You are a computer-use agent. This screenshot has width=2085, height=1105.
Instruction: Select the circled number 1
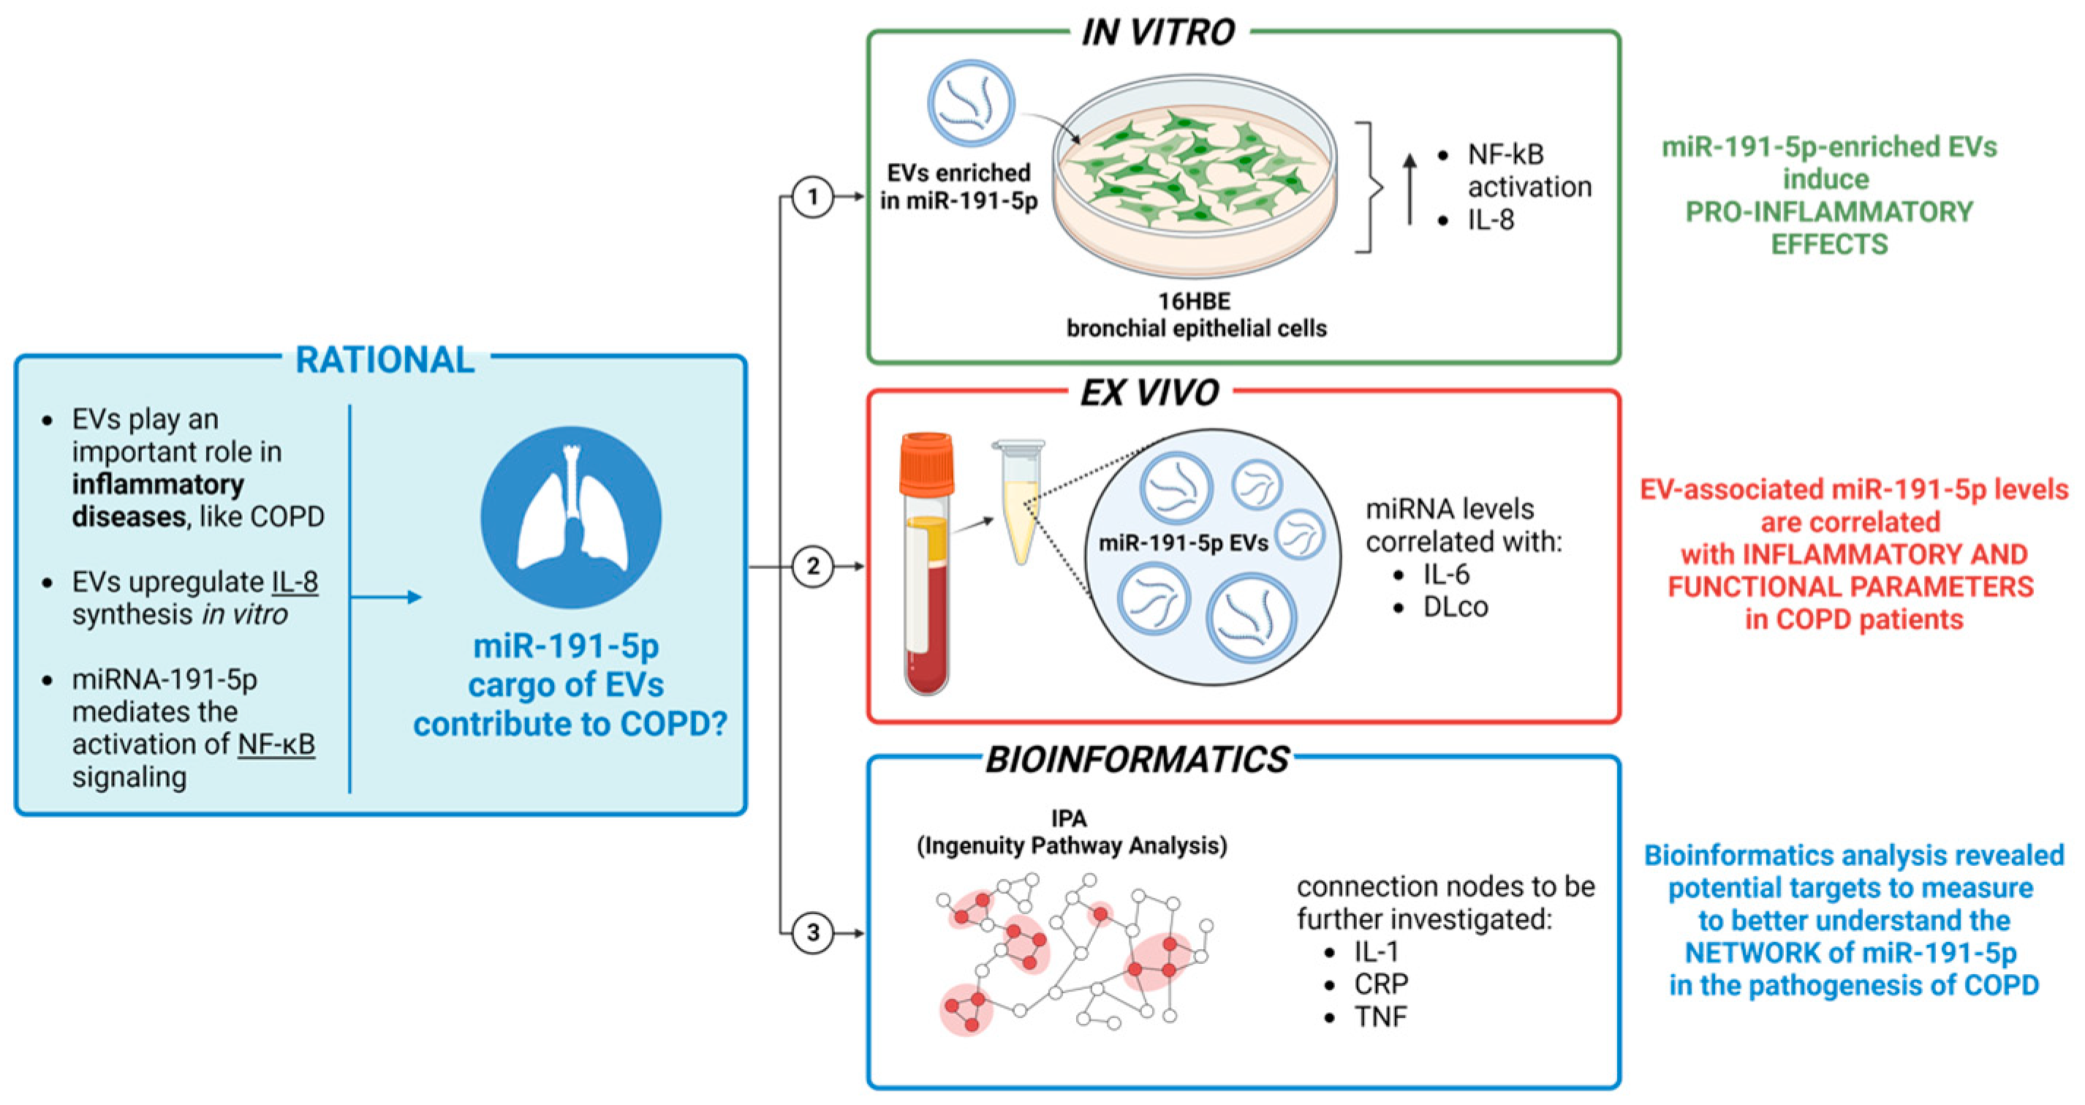(x=811, y=197)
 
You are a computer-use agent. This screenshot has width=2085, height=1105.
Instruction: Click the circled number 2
(x=811, y=566)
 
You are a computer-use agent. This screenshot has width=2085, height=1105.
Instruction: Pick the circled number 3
(x=811, y=932)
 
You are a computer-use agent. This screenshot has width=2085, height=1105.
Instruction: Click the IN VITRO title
(x=1158, y=32)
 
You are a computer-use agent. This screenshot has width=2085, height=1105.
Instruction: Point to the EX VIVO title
(x=1149, y=393)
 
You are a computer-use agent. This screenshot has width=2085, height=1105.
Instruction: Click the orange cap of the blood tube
(x=927, y=463)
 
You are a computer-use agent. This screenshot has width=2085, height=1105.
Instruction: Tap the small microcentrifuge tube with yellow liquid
(x=1020, y=502)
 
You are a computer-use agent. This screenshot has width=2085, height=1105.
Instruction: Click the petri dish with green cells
(x=1195, y=178)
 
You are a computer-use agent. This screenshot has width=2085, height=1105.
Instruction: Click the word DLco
(x=1456, y=607)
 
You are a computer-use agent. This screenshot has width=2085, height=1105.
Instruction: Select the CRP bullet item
(x=1381, y=984)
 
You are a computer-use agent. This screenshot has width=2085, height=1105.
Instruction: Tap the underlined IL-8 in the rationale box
(x=295, y=581)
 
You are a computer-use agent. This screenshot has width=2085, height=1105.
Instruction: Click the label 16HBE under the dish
(x=1194, y=301)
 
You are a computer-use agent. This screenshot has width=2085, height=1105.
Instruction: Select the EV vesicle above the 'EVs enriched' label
(x=970, y=103)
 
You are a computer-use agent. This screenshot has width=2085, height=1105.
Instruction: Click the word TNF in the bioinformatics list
(x=1381, y=1017)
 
